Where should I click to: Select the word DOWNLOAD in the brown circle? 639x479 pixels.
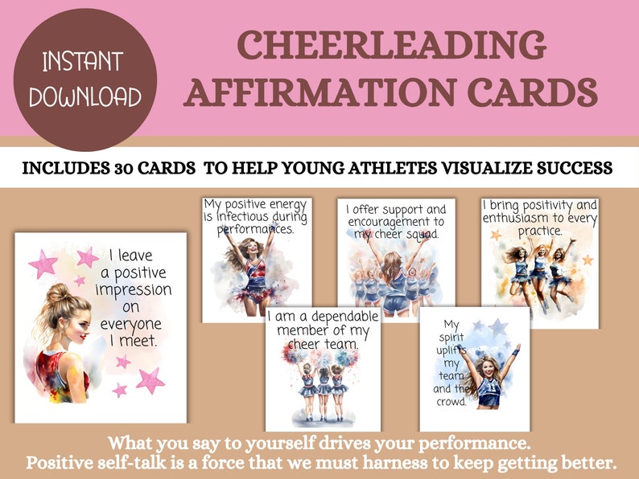click(85, 96)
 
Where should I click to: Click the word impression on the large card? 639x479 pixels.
click(132, 290)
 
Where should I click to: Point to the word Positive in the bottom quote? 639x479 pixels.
click(64, 464)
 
